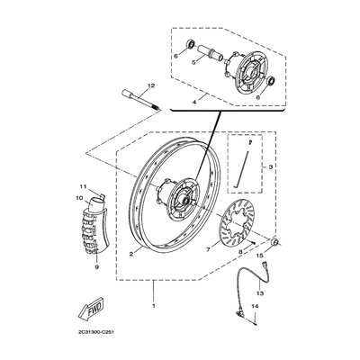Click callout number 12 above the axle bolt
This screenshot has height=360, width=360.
click(151, 85)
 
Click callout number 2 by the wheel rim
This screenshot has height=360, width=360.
click(132, 254)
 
